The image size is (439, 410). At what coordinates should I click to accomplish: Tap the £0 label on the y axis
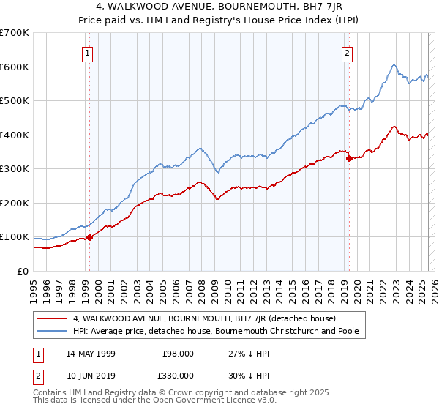coord(23,271)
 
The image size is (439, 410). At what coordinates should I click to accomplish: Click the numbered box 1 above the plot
coord(88,52)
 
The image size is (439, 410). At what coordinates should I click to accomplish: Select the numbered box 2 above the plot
coord(346,52)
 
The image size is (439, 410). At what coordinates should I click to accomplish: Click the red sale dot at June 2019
coord(349,158)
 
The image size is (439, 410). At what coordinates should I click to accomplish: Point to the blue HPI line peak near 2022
coord(394,65)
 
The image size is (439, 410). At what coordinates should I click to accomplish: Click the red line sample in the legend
coord(53,318)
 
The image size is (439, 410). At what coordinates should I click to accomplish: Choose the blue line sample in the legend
coord(53,332)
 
